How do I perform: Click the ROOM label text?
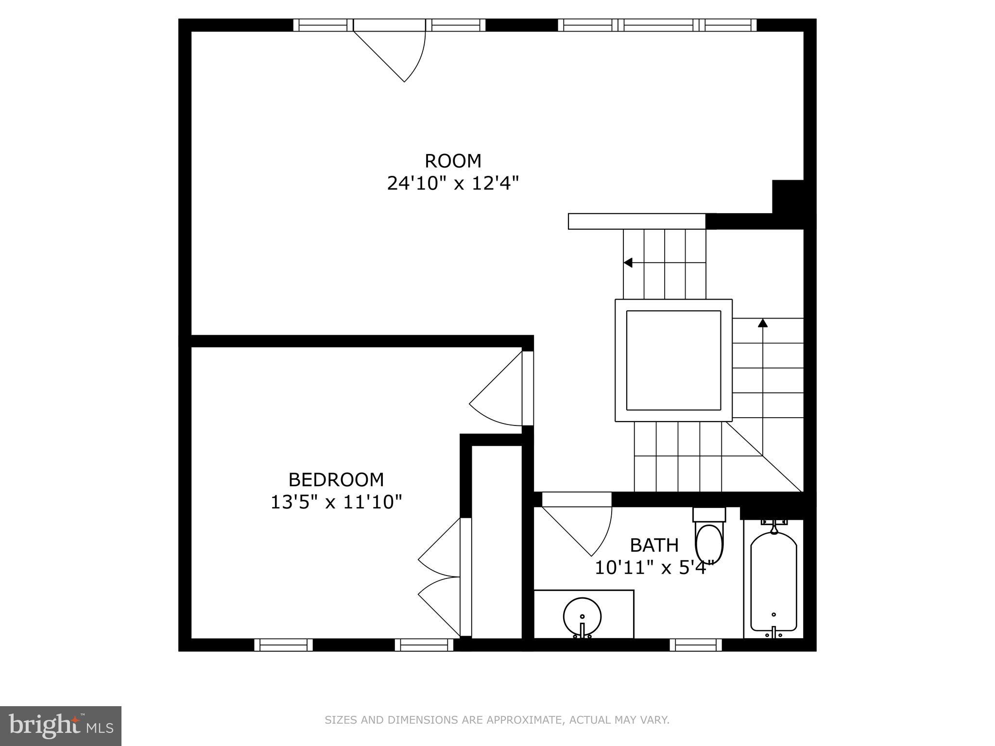[453, 161]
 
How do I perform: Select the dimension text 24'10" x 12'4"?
[453, 184]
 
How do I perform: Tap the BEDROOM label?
[336, 480]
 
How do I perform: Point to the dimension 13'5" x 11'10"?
[336, 502]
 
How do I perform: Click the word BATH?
[654, 545]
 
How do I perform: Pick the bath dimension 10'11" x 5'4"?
[654, 568]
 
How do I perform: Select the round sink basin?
[582, 617]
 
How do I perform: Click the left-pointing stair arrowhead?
[628, 263]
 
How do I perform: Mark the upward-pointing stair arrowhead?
[763, 322]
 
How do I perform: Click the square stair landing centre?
[673, 360]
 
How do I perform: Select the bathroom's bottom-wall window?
[696, 644]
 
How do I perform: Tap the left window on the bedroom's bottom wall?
[284, 644]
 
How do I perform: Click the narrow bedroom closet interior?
[497, 542]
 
